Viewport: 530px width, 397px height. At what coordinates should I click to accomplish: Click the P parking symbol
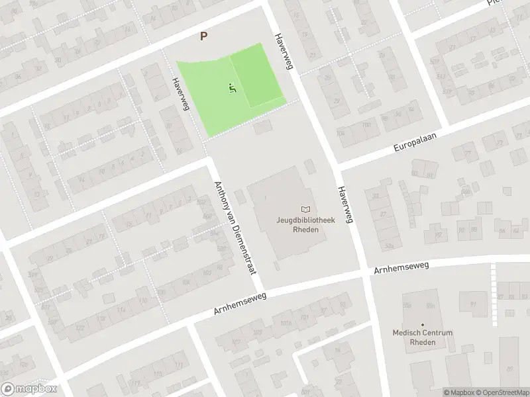click(204, 37)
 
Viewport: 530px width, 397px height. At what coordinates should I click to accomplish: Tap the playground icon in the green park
click(232, 87)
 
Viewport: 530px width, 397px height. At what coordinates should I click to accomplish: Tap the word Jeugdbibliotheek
click(304, 221)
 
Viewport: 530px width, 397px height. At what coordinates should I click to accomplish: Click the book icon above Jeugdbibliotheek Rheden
click(305, 209)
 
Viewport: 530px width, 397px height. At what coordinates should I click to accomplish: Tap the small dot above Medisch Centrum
click(422, 324)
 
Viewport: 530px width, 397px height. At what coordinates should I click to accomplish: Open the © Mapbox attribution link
click(458, 392)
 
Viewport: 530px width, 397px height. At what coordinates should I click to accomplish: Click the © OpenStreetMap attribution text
click(502, 392)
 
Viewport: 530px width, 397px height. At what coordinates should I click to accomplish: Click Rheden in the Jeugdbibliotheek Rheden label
click(304, 230)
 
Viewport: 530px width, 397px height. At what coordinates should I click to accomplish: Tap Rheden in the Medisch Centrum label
click(423, 342)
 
